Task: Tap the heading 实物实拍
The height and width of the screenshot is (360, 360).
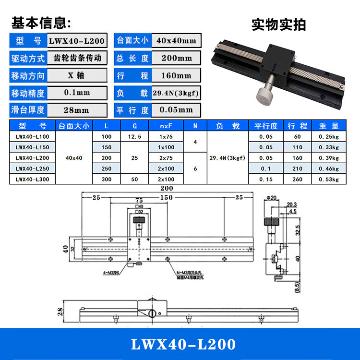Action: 278,24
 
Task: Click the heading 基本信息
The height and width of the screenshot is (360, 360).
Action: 41,23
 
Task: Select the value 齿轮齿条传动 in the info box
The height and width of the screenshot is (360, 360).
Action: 77,58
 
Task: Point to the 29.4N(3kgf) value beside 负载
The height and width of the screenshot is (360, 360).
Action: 176,93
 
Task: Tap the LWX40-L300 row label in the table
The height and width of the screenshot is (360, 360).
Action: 32,180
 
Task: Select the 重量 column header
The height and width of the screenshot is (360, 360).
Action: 329,126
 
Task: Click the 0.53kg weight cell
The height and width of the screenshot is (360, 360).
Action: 329,180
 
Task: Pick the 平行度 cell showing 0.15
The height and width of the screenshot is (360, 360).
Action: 266,180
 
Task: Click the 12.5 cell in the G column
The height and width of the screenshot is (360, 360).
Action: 135,136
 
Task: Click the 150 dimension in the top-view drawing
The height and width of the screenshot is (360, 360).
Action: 167,197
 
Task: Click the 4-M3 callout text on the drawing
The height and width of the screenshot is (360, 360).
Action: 111,274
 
